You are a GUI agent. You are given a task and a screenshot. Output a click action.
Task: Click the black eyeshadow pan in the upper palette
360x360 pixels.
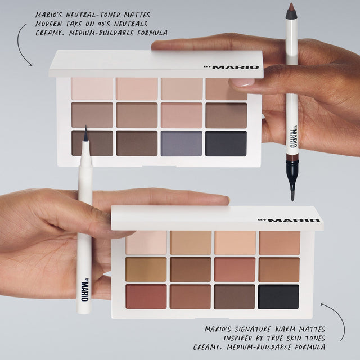[226, 143]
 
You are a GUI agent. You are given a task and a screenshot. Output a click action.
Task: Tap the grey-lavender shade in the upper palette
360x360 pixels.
[182, 143]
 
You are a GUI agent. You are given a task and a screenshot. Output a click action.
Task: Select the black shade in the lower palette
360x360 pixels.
[279, 296]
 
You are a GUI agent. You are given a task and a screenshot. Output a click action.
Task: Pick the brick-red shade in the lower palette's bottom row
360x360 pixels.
[146, 296]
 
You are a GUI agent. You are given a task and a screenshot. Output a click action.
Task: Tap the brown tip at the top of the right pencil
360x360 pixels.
[291, 10]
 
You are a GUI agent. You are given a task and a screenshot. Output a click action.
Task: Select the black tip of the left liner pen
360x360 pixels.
[85, 135]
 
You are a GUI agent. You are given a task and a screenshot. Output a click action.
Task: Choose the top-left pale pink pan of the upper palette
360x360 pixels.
[92, 89]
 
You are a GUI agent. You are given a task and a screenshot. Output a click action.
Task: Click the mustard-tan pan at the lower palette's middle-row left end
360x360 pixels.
[146, 269]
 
